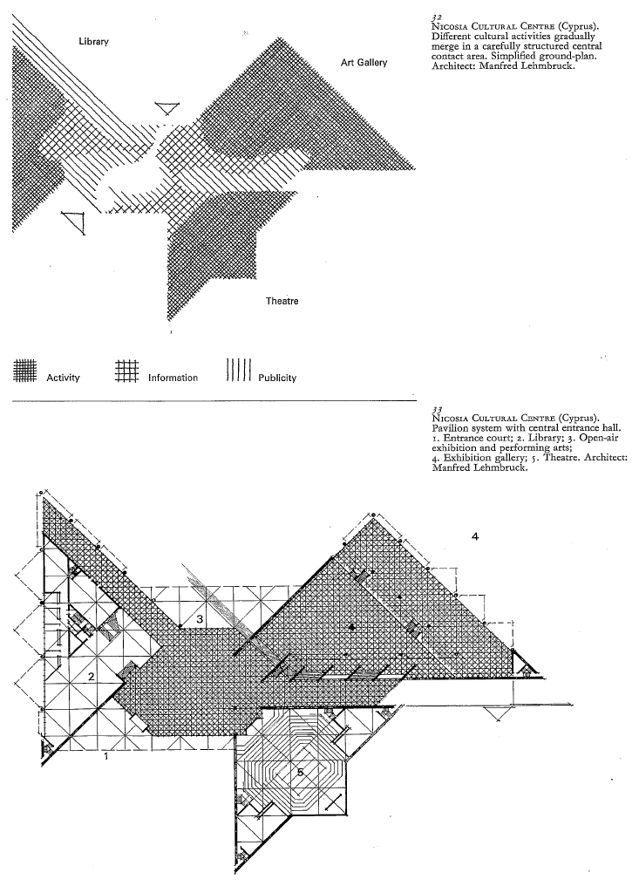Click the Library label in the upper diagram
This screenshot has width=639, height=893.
[x=93, y=43]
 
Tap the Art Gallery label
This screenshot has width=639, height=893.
[x=364, y=63]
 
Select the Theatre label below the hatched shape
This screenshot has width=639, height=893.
[x=282, y=301]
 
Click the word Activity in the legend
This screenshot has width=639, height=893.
[x=63, y=378]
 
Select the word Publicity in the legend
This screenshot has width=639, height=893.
[x=277, y=378]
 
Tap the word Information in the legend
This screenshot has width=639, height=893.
[x=173, y=378]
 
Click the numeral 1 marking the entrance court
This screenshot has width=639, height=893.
[x=106, y=756]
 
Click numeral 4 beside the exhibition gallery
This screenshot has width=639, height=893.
[x=474, y=536]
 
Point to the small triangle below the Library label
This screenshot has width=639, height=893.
[x=167, y=108]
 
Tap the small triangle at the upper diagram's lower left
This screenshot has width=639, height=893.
[x=74, y=222]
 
